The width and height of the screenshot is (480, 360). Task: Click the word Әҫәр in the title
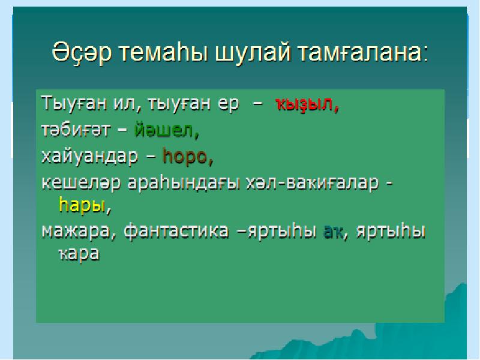pos(82,52)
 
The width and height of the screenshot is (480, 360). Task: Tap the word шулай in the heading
pos(253,52)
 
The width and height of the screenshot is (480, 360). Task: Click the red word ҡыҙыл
pos(305,104)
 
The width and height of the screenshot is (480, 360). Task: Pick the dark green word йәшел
pos(164,130)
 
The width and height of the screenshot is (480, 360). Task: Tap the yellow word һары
pos(82,205)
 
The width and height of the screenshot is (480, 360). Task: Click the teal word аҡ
pos(334,232)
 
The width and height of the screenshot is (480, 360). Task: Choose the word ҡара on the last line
pos(79,254)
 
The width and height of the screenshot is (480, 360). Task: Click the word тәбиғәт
pos(76,130)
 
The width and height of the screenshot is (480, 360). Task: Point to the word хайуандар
pos(89,156)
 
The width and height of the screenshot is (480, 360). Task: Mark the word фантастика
pos(176,231)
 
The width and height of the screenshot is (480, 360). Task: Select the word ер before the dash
pos(228,104)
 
